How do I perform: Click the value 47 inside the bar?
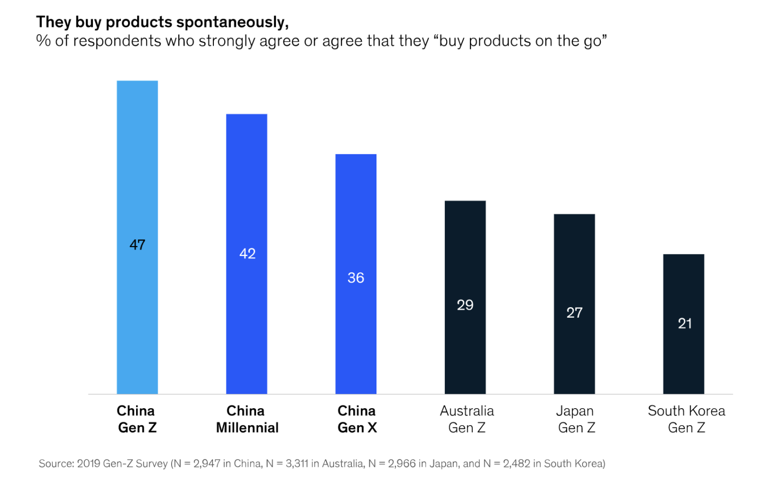(x=138, y=245)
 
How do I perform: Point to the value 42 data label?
(x=247, y=254)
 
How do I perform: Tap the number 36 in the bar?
(x=356, y=278)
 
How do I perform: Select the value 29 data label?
(x=465, y=305)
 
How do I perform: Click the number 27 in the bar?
(x=575, y=313)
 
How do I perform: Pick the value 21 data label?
(x=685, y=323)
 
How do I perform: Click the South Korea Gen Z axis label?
(x=686, y=419)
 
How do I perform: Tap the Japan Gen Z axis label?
(x=576, y=419)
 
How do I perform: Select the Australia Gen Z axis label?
(x=467, y=419)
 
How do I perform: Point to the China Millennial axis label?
(x=247, y=419)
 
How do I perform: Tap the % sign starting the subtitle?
(x=43, y=41)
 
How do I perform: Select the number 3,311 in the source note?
(x=297, y=464)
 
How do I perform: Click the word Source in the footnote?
(x=55, y=464)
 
